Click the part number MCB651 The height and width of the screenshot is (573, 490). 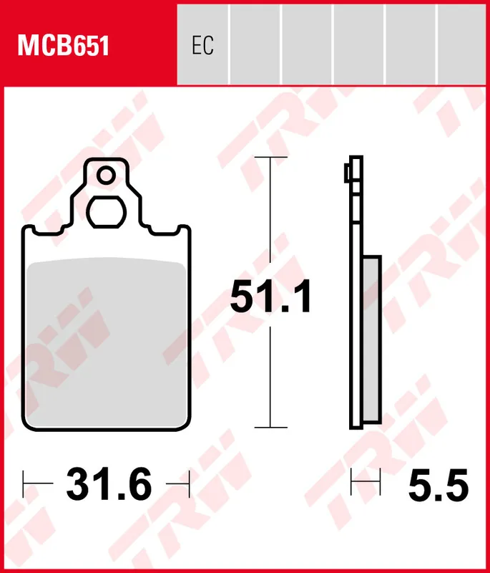tap(63, 47)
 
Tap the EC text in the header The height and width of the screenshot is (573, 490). tap(202, 47)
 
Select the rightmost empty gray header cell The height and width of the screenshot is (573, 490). tap(462, 44)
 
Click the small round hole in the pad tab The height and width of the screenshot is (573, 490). tap(107, 175)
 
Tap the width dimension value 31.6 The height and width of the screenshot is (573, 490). tap(109, 484)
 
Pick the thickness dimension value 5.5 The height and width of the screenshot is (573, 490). tap(438, 486)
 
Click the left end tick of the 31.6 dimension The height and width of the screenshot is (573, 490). tap(24, 483)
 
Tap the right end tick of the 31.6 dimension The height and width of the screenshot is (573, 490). tap(189, 483)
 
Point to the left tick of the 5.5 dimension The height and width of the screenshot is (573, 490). tap(351, 483)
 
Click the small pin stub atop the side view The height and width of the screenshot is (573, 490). tap(346, 172)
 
